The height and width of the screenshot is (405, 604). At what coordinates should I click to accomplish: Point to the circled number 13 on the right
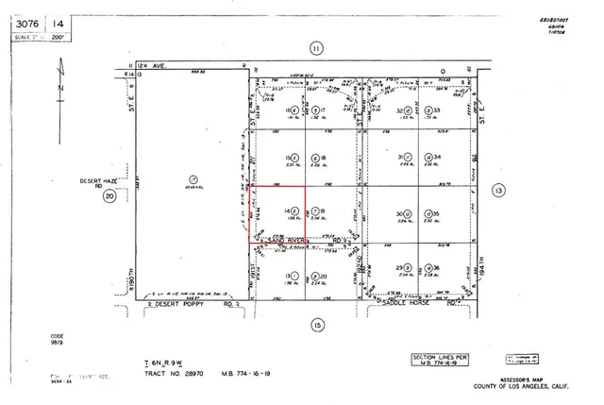pos(498,191)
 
